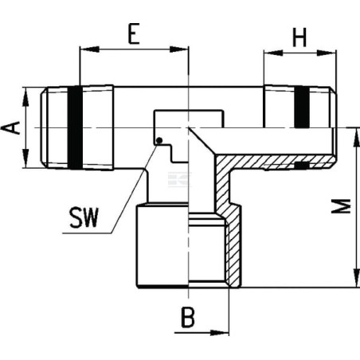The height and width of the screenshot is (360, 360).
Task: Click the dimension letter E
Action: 134,33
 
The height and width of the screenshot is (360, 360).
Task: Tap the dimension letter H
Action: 299,37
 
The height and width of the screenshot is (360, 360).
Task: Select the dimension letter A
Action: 10,127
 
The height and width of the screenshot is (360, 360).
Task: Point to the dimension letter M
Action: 342,206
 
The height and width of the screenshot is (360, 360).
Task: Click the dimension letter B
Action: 188,318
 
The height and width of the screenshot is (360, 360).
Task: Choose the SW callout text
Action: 84,217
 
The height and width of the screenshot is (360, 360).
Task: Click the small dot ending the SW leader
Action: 159,140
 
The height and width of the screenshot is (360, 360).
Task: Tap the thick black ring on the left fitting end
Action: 75,127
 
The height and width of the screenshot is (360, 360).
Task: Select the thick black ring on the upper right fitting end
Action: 302,107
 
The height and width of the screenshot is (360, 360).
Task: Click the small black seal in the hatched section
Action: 302,166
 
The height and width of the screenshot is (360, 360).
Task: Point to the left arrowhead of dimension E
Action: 89,49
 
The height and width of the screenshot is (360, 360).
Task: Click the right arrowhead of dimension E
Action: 178,49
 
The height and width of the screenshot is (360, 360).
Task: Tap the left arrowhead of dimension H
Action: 273,53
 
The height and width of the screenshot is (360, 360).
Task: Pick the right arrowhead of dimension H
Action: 327,53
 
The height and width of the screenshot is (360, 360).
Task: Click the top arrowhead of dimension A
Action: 26,96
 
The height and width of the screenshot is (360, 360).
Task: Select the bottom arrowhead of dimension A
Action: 26,158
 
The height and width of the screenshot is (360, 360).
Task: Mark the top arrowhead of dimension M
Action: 356,138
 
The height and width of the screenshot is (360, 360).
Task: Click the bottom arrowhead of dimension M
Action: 356,278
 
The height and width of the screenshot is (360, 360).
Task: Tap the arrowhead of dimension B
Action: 219,332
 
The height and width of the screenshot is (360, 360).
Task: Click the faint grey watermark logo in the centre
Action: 180,179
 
